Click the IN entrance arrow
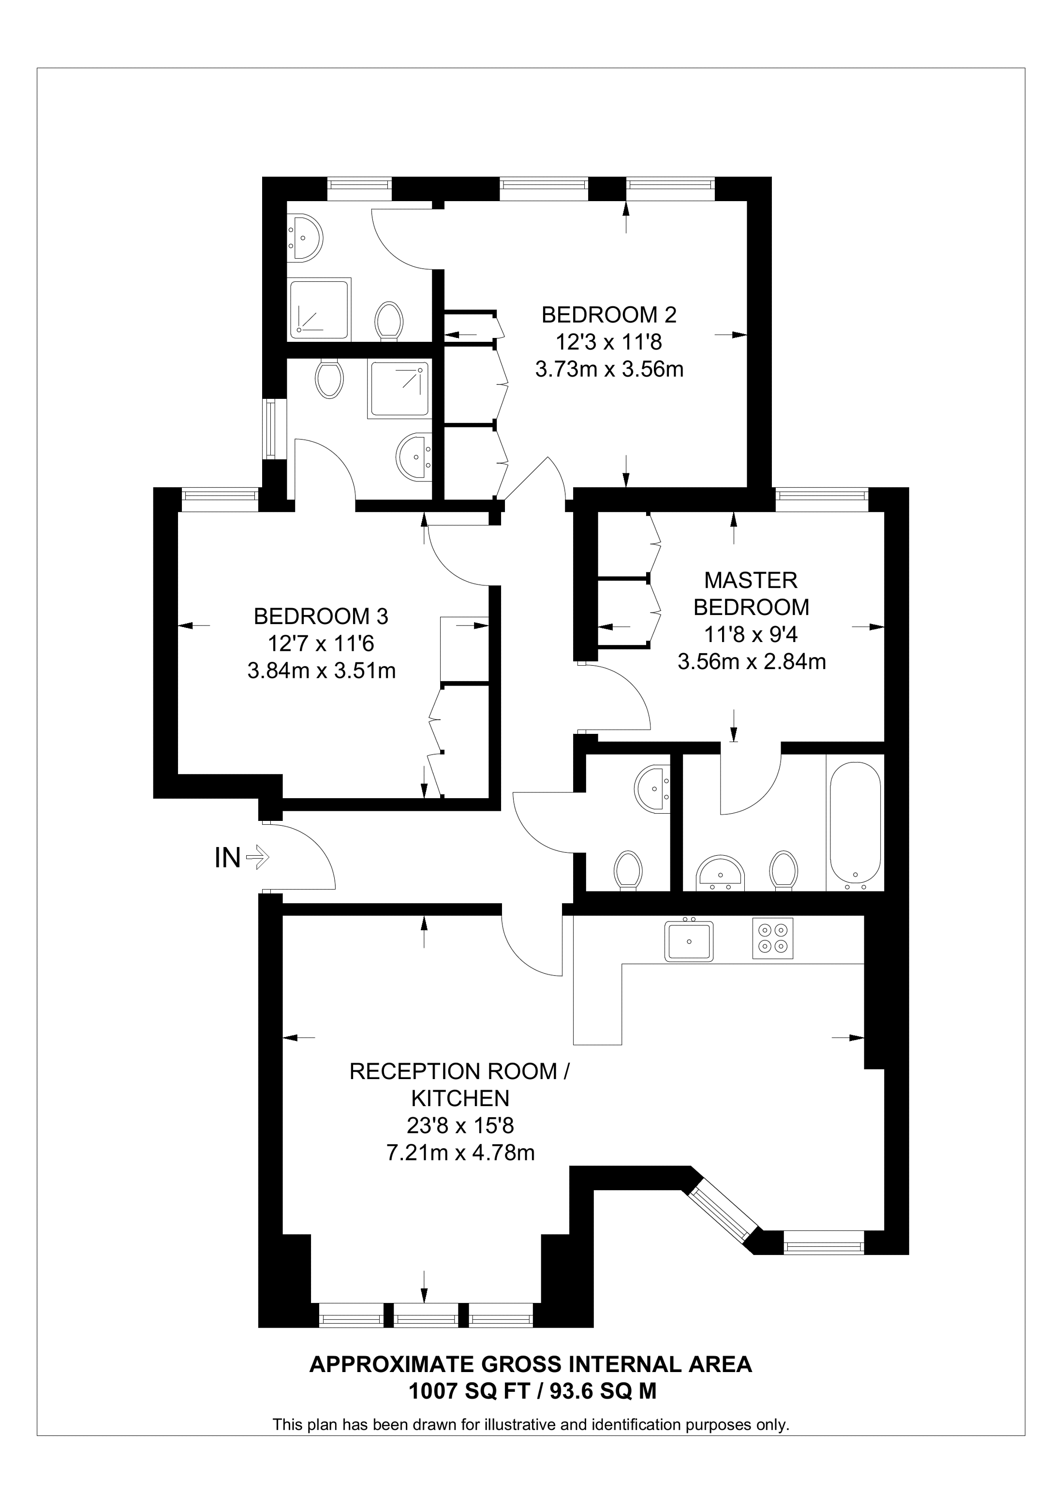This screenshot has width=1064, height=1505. tap(257, 857)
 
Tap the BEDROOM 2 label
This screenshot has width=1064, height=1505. tap(608, 315)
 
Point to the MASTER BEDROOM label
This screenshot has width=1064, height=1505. tap(751, 594)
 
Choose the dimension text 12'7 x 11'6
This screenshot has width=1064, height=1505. tap(321, 643)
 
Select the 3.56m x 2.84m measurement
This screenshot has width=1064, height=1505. tap(751, 662)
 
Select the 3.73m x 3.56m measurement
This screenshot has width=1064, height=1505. tap(609, 370)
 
